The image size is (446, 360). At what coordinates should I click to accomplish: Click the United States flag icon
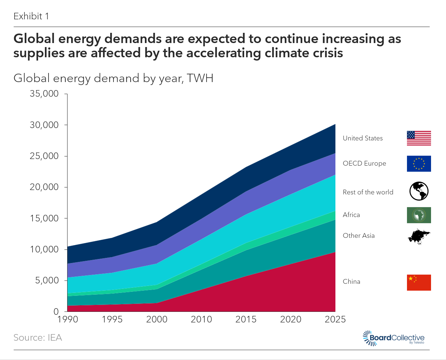pos(419,138)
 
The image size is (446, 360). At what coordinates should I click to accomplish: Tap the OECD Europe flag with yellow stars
pos(419,163)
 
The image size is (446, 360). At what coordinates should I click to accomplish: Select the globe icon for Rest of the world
pos(419,191)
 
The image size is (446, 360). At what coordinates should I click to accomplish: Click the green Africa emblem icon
pos(419,215)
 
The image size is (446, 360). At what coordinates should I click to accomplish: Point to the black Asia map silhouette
pos(419,237)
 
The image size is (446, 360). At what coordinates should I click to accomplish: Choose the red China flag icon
pos(419,282)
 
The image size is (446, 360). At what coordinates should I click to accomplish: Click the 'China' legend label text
pos(351,282)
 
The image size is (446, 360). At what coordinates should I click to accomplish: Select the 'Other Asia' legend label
pos(358,236)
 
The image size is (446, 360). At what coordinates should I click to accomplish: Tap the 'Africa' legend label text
pos(351,215)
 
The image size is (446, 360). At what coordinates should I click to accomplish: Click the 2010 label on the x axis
pos(201,320)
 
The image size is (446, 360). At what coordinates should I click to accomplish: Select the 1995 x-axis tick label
pos(112,320)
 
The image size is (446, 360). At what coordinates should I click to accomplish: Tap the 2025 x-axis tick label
pos(335,320)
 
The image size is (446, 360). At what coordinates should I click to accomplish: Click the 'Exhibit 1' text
pos(31,16)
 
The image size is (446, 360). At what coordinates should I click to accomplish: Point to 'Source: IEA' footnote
pos(38,338)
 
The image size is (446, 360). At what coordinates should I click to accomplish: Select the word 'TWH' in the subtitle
pos(200,78)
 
